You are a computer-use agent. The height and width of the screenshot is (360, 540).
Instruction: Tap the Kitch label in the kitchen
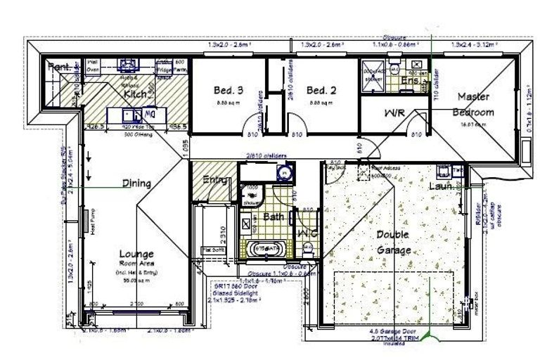click(x=136, y=94)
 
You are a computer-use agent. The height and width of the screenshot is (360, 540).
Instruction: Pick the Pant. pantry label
click(x=59, y=67)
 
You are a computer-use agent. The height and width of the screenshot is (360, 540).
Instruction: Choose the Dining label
click(x=137, y=184)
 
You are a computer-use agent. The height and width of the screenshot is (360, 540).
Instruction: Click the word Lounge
click(x=137, y=253)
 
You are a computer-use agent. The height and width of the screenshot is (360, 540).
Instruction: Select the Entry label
click(x=215, y=180)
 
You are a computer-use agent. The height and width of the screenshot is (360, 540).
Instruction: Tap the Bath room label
click(x=273, y=217)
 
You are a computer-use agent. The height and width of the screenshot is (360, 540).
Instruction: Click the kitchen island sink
click(x=130, y=114)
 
